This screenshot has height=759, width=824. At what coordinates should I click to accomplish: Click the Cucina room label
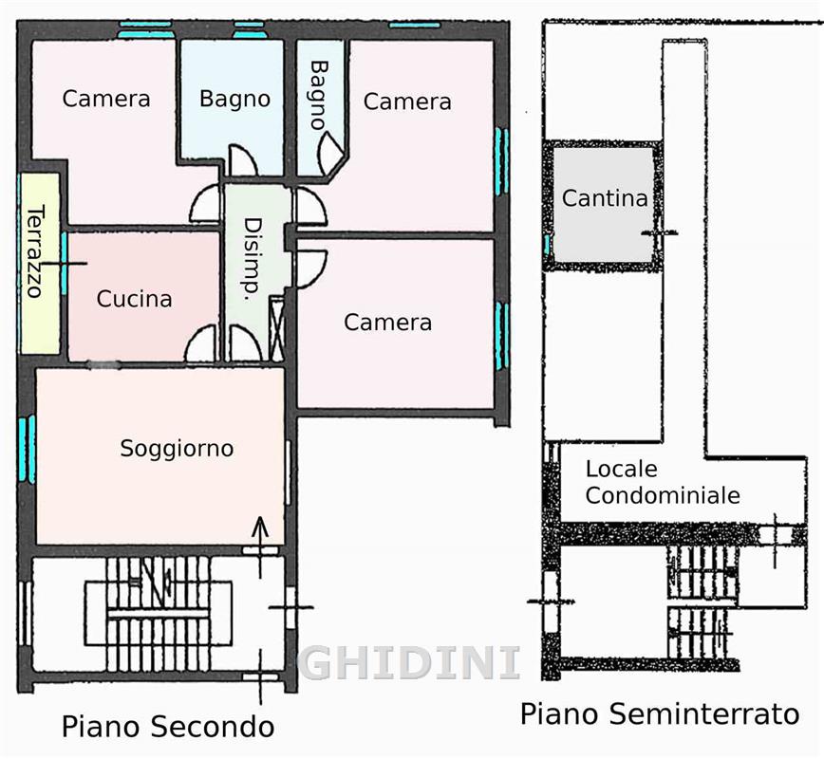(135, 299)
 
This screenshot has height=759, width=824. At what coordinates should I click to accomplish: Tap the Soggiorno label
(177, 449)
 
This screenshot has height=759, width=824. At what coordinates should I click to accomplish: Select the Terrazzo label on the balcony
(36, 251)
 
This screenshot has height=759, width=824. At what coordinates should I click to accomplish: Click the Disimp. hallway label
(253, 259)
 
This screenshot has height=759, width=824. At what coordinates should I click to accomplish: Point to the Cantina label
(605, 198)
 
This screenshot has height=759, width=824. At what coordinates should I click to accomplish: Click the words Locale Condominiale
(663, 482)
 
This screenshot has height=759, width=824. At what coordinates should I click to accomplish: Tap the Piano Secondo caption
(168, 727)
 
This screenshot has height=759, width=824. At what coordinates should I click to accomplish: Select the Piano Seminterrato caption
(660, 713)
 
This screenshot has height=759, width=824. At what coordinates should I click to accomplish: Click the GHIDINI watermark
(409, 663)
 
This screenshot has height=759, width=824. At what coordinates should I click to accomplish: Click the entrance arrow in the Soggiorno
(259, 547)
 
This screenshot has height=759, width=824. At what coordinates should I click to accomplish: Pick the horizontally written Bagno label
(234, 99)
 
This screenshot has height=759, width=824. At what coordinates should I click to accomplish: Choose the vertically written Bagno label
(319, 95)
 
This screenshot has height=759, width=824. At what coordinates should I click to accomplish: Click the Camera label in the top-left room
(106, 99)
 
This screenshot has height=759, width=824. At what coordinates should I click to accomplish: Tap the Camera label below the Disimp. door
(388, 322)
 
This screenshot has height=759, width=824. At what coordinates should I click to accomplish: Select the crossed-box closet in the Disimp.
(276, 328)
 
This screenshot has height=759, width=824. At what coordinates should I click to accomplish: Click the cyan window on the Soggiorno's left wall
(27, 449)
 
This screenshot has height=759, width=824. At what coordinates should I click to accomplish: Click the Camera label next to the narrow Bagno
(407, 102)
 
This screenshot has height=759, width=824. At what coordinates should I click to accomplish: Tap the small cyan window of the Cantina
(547, 245)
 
